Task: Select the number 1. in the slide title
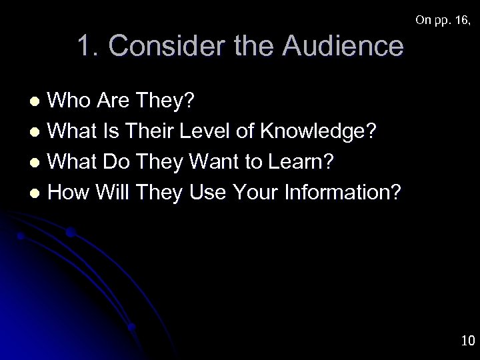[x=88, y=47]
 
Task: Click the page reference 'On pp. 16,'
[x=442, y=20]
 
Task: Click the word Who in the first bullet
[x=71, y=102]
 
